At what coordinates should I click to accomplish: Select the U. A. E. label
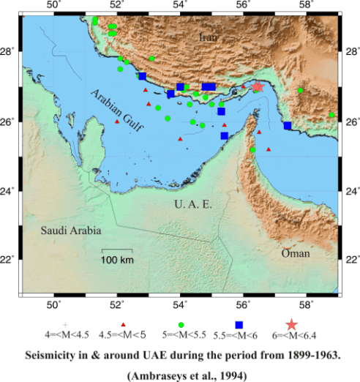coord(193,204)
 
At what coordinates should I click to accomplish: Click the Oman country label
coord(296,253)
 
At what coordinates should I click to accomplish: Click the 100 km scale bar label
coord(117,261)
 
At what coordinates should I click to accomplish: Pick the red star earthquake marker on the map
coord(258,86)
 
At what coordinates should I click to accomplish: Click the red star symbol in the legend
coord(292,324)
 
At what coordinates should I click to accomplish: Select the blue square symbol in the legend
coord(239,324)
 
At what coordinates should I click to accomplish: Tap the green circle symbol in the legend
coord(181,324)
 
